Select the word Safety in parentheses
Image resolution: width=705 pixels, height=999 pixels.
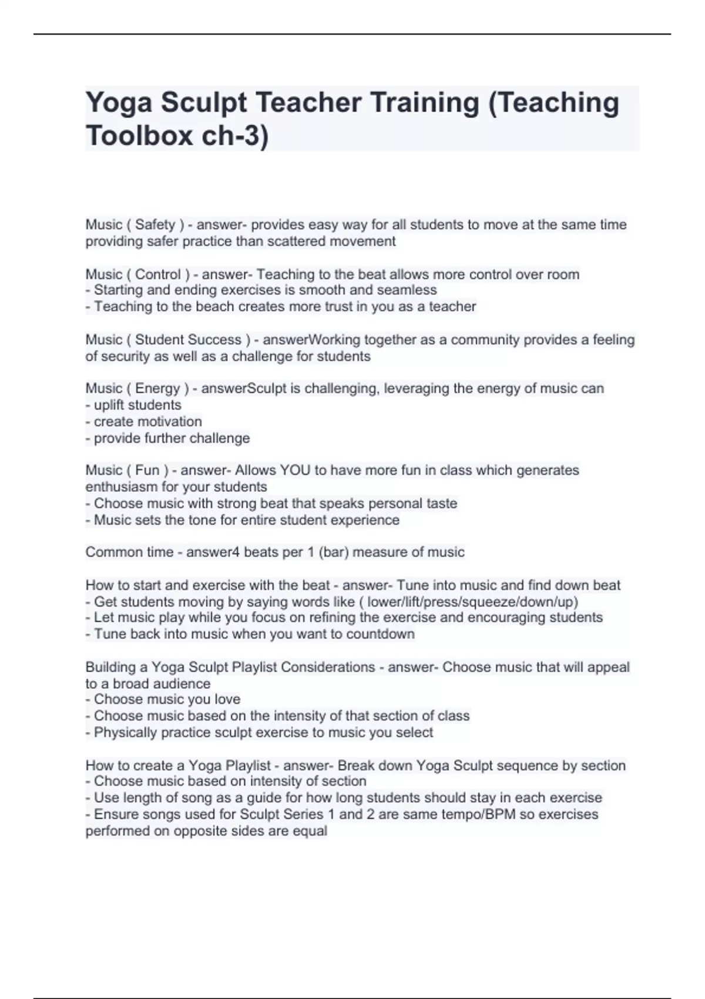(x=155, y=224)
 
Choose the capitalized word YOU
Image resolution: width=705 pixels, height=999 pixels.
(x=295, y=470)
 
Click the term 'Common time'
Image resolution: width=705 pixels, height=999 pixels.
(x=129, y=552)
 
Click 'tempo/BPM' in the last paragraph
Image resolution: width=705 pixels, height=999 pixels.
(x=475, y=814)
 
